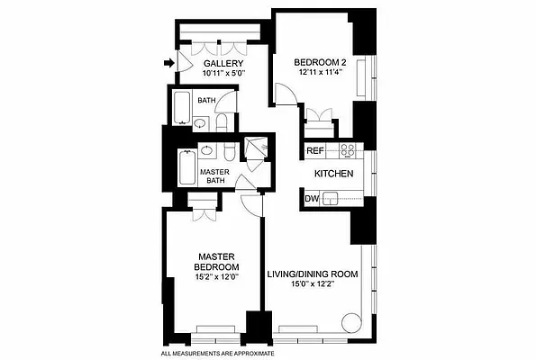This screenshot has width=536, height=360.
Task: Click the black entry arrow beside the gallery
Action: pos(168,63)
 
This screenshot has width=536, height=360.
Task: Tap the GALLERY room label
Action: pos(223,63)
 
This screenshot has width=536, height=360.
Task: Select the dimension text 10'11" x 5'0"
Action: pos(223,73)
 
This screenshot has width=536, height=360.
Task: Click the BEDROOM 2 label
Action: pos(320,62)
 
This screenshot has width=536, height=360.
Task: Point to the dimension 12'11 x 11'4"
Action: pos(320,73)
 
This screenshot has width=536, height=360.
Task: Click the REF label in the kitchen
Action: pos(314,150)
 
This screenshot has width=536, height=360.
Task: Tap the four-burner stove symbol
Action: pos(344,149)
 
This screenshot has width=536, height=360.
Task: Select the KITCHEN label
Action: pos(332,173)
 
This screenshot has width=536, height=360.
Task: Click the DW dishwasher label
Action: pos(312,197)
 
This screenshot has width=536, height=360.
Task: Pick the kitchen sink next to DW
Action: pos(332,198)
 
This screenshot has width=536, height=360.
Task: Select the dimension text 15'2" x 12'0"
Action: pos(216,278)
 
